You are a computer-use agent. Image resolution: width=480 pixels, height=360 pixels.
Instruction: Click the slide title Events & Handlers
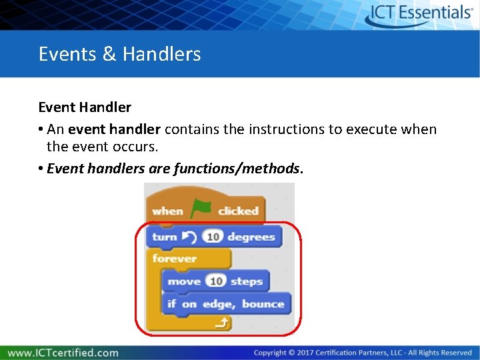(x=119, y=54)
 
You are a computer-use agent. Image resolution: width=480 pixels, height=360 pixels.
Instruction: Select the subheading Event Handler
(x=85, y=107)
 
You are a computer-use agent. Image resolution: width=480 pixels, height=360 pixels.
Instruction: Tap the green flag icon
(x=201, y=209)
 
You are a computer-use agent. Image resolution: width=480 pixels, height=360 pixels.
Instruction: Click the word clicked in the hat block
(x=238, y=211)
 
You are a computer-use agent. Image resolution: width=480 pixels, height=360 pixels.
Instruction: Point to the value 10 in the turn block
(x=213, y=237)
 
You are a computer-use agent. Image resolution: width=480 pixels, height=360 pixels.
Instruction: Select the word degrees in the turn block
(x=251, y=237)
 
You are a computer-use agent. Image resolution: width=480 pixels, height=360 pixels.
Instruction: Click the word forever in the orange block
(x=175, y=258)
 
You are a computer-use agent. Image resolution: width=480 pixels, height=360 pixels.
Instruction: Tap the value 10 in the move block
(x=216, y=281)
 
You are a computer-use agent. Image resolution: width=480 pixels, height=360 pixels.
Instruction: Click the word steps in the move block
(x=247, y=281)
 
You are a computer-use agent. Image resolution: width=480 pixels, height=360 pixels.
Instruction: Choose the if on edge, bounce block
(x=226, y=304)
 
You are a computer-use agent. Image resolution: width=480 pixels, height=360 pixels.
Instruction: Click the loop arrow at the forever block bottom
(x=223, y=323)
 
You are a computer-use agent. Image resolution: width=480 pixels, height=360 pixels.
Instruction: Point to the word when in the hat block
(x=167, y=211)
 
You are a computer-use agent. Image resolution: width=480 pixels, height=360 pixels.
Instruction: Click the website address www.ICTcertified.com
(x=63, y=353)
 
